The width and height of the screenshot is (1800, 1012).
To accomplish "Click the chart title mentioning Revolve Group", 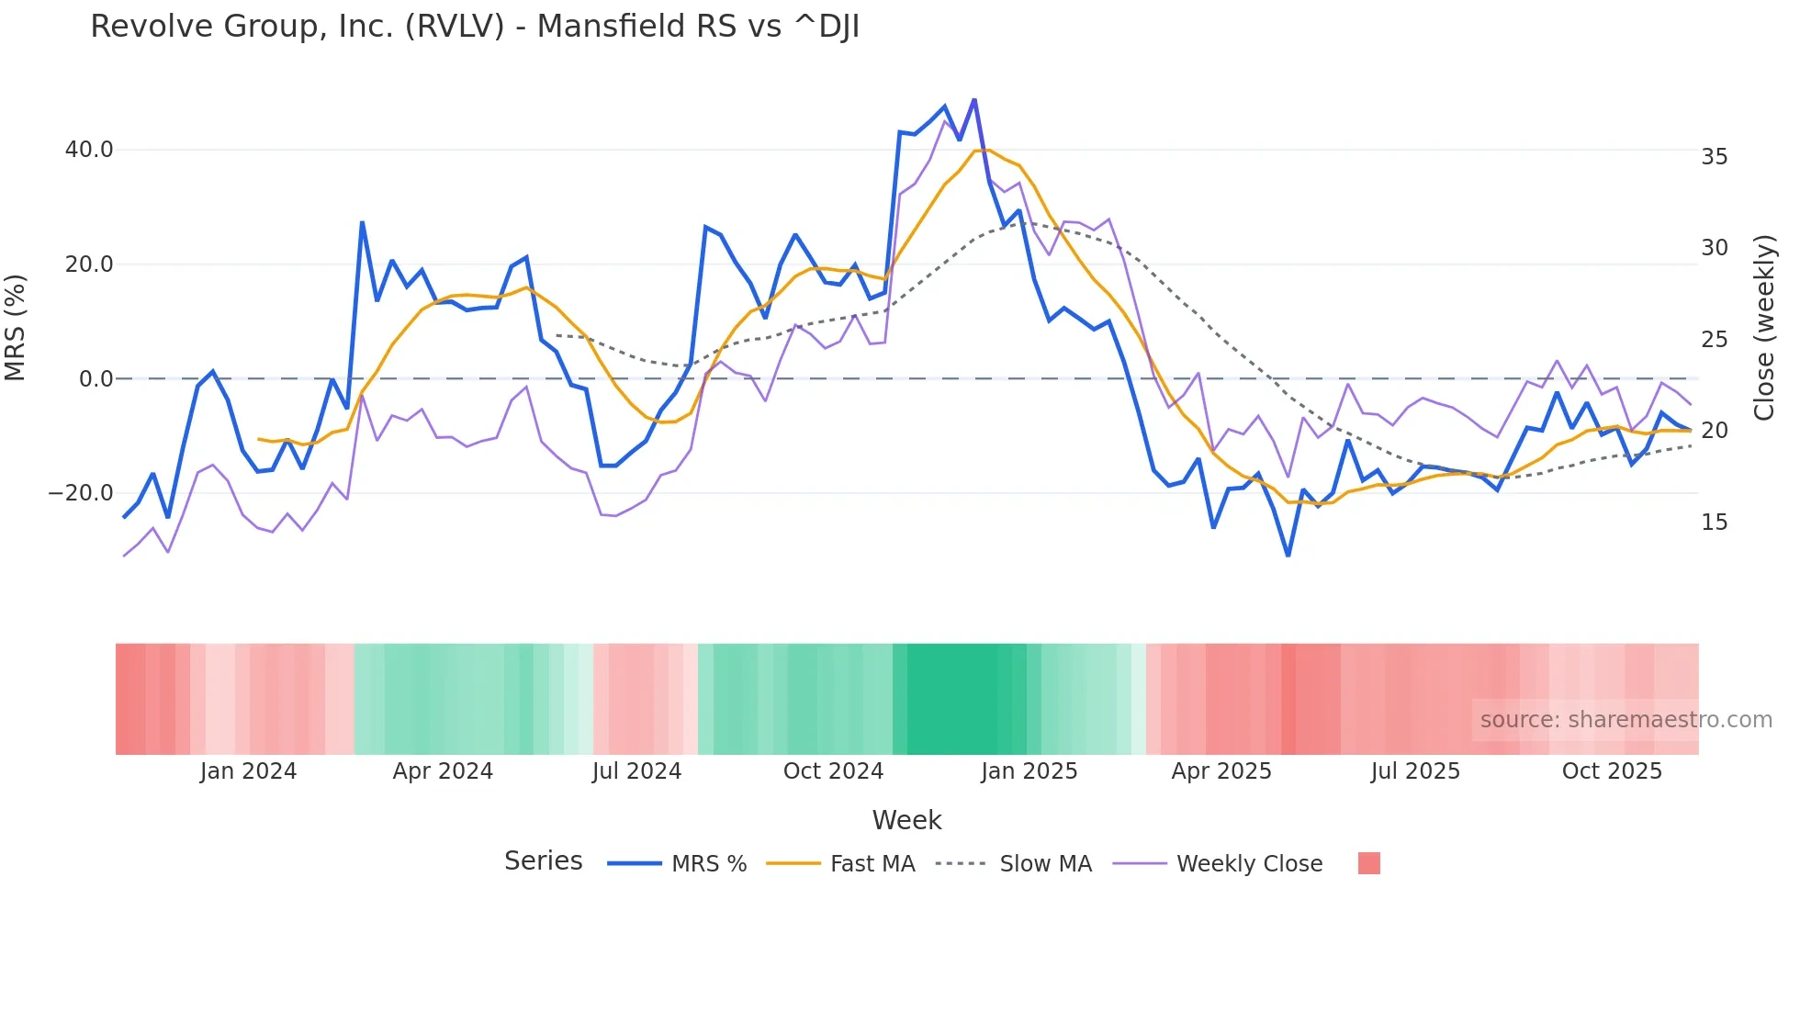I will point(475,27).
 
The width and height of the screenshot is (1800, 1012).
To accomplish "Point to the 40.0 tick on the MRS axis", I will point(89,150).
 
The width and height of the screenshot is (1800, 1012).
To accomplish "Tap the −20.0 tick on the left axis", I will point(81,493).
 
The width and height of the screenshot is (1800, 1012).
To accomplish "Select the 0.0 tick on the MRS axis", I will point(96,378).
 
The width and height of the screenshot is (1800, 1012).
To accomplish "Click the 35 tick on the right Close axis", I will point(1714,157).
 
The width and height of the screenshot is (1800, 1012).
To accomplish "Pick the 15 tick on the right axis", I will point(1714,523).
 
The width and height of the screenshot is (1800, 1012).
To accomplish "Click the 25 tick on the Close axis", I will point(1714,340).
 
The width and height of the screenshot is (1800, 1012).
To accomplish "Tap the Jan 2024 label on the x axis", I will point(248,771).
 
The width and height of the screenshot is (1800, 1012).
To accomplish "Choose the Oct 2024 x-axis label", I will point(833,771).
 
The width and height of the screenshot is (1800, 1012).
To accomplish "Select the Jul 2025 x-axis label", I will point(1415,771).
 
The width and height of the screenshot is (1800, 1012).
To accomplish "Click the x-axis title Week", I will point(906,820).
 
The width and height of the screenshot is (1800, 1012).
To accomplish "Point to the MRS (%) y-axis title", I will point(16,328).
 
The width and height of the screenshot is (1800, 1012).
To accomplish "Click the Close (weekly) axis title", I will point(1763,328).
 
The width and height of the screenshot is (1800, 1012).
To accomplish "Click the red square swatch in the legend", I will point(1368,863).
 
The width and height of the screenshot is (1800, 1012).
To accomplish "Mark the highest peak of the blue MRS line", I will point(974,99).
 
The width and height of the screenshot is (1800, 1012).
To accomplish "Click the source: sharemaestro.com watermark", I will point(1626,720).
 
